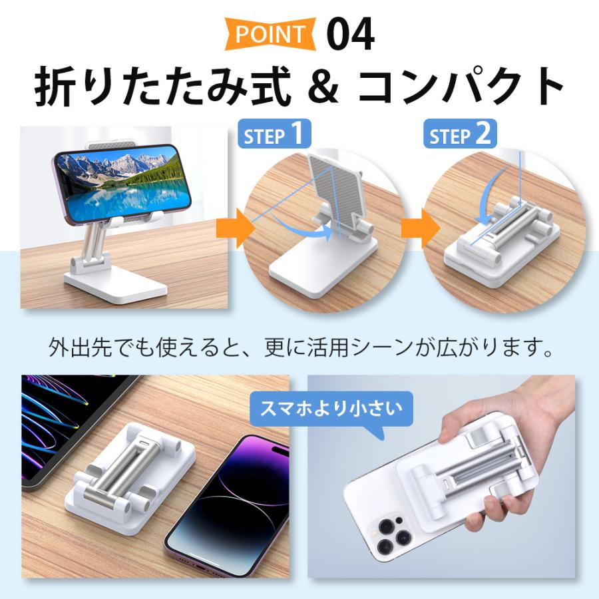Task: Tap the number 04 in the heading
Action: [350, 33]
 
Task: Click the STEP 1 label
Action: [274, 136]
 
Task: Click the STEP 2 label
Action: [460, 136]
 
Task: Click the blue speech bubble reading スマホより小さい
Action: [331, 407]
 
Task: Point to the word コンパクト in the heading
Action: [459, 86]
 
